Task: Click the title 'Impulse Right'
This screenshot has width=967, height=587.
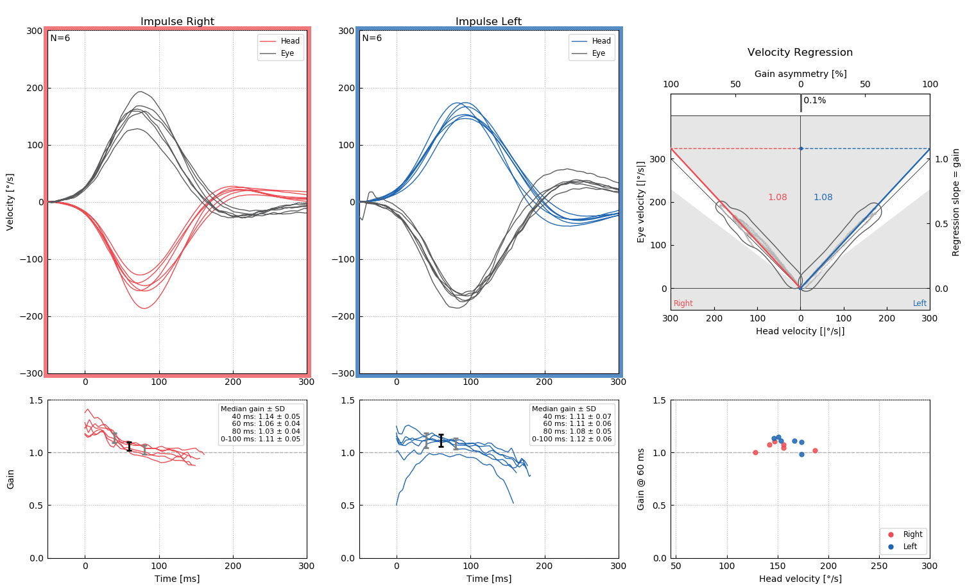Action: tap(177, 22)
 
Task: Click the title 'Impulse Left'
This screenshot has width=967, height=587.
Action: tap(488, 22)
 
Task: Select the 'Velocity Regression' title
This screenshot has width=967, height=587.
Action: tap(800, 53)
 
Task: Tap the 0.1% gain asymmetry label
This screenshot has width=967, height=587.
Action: tap(814, 101)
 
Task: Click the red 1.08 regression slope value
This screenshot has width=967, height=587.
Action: tap(777, 198)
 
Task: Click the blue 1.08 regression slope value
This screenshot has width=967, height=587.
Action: tap(823, 198)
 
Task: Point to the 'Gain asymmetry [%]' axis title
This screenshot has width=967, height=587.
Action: tap(800, 74)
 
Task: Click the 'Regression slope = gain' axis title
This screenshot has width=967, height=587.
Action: tap(955, 202)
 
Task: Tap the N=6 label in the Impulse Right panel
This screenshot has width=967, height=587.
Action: tap(60, 38)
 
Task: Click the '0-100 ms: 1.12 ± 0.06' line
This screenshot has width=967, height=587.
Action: tap(572, 439)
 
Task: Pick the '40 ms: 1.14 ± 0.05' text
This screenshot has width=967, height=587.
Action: tap(266, 416)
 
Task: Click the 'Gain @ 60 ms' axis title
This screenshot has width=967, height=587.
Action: tap(640, 479)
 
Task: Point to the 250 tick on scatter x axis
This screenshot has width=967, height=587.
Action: tap(878, 566)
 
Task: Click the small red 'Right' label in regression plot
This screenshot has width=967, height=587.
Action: tap(683, 303)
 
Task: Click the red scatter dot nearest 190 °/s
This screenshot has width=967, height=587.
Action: tap(815, 450)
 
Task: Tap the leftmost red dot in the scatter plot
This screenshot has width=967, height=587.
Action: tap(755, 452)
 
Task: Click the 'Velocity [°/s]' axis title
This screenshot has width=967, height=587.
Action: tap(10, 202)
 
